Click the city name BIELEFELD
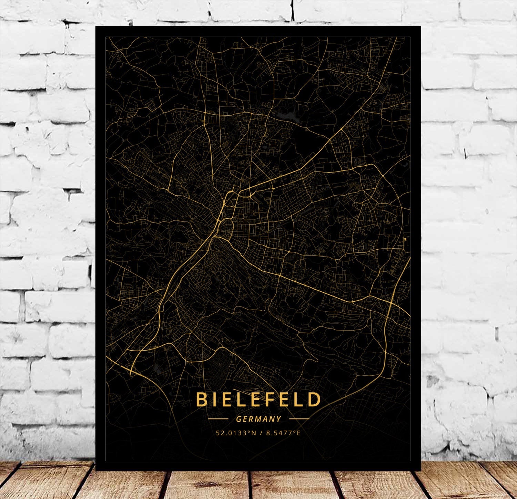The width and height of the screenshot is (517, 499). pyautogui.click(x=258, y=399)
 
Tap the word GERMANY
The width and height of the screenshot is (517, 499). pyautogui.click(x=258, y=419)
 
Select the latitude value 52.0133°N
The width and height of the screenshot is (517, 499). pyautogui.click(x=236, y=433)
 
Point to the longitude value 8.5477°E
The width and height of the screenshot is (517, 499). pyautogui.click(x=283, y=433)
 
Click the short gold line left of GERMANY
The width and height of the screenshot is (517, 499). pyautogui.click(x=218, y=419)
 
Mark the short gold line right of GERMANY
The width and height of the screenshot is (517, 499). pyautogui.click(x=299, y=419)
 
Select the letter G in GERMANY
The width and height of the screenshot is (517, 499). pyautogui.click(x=239, y=419)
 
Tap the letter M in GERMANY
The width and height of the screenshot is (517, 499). pyautogui.click(x=259, y=419)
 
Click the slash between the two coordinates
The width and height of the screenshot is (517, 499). pyautogui.click(x=261, y=433)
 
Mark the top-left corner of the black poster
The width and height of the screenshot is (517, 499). pyautogui.click(x=96, y=27)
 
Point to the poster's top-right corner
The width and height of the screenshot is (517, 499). pyautogui.click(x=420, y=27)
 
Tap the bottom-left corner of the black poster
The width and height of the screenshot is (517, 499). pyautogui.click(x=96, y=470)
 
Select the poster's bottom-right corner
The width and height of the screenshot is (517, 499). pyautogui.click(x=420, y=470)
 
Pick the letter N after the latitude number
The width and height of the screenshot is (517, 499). pyautogui.click(x=254, y=433)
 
